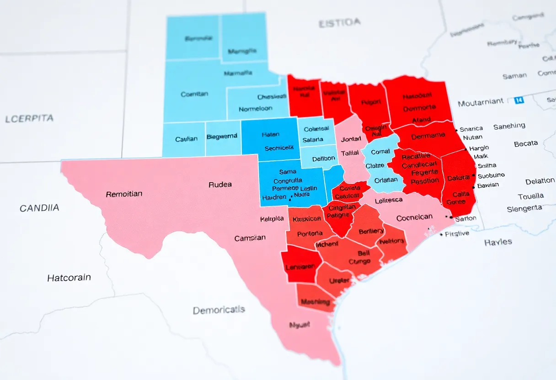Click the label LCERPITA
coord(29,119)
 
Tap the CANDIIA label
coord(39,208)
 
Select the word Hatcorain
coord(69,278)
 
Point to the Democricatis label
coord(219,310)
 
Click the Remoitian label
coord(124,194)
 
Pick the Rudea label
coord(220,185)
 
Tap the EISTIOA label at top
coord(339,22)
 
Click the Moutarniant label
coord(481,102)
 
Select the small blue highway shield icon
coord(519,100)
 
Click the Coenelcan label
coord(414,218)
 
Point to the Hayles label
coord(498,242)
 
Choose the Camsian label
coord(250,238)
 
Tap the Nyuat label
coord(299,325)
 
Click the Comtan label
coord(194,94)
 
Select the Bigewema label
coord(222,137)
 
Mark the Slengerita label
coord(524,209)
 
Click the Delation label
coord(540,181)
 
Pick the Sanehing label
coord(509,126)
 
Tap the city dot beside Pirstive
coord(441,234)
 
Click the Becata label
coord(525,143)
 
